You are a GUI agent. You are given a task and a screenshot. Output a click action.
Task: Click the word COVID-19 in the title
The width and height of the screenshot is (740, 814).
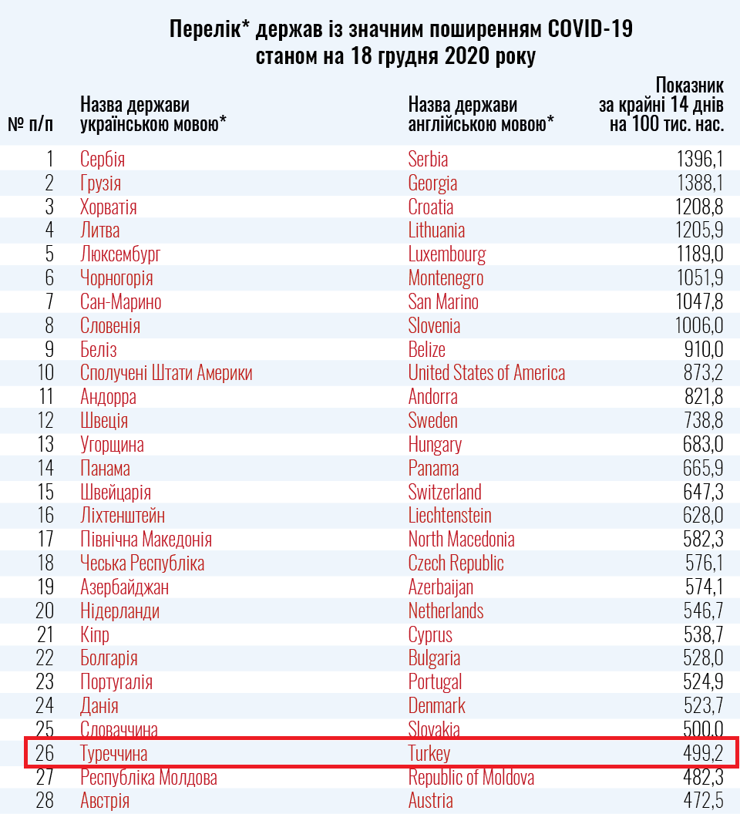coord(590,30)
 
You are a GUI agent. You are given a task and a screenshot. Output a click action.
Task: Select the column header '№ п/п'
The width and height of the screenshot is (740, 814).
coord(31,123)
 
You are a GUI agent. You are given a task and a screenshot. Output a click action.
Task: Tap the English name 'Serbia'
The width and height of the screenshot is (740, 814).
coord(428,160)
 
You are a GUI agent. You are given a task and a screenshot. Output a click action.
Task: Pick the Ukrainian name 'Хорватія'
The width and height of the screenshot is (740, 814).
coord(109,207)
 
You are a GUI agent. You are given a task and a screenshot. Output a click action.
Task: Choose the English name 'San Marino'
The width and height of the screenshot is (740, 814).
coord(443,302)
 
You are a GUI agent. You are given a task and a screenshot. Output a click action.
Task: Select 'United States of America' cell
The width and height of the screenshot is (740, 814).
coord(486,373)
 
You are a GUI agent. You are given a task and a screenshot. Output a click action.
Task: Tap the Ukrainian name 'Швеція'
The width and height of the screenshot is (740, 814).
coord(104,421)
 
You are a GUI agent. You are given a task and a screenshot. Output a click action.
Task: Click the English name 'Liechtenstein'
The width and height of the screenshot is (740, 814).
coord(449,516)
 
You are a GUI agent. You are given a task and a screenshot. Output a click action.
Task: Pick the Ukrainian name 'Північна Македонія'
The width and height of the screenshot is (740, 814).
coord(146,540)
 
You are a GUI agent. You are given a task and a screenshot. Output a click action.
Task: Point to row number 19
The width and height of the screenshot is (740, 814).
coord(45,587)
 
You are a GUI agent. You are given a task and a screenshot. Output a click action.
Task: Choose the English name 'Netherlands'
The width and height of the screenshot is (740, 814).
coord(446,611)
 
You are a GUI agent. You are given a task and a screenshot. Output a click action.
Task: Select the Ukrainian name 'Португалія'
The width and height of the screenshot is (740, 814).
coord(116,682)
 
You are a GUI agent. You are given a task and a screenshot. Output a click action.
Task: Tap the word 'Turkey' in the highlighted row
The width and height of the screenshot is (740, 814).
coord(429,753)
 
